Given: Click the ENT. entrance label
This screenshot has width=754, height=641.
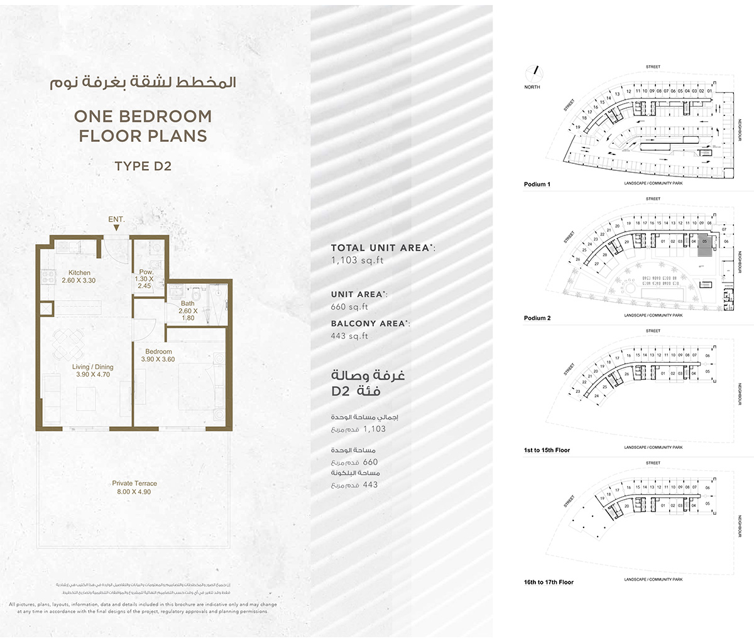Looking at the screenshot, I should click(x=116, y=220).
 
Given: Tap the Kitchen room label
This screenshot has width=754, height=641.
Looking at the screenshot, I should click(x=79, y=273).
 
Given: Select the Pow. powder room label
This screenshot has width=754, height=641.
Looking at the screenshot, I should click(x=146, y=272).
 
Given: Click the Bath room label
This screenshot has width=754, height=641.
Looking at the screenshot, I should click(x=187, y=304).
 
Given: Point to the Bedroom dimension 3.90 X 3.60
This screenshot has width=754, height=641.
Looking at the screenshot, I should click(x=158, y=360).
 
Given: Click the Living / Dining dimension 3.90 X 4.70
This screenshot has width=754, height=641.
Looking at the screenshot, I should click(x=92, y=375).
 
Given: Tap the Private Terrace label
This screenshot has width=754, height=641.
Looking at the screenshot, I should click(x=134, y=483).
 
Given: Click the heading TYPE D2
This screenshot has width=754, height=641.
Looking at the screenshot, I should click(x=143, y=166).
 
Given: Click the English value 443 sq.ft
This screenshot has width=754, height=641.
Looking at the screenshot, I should click(x=349, y=337).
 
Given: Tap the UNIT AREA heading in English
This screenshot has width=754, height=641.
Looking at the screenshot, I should click(x=357, y=294).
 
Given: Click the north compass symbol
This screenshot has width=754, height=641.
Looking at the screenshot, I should click(x=535, y=73).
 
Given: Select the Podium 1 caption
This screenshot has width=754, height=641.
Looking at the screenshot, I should click(x=537, y=185).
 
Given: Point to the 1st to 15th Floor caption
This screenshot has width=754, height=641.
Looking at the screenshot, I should click(x=547, y=450).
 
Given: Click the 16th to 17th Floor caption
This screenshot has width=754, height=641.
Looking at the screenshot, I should click(x=549, y=582).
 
